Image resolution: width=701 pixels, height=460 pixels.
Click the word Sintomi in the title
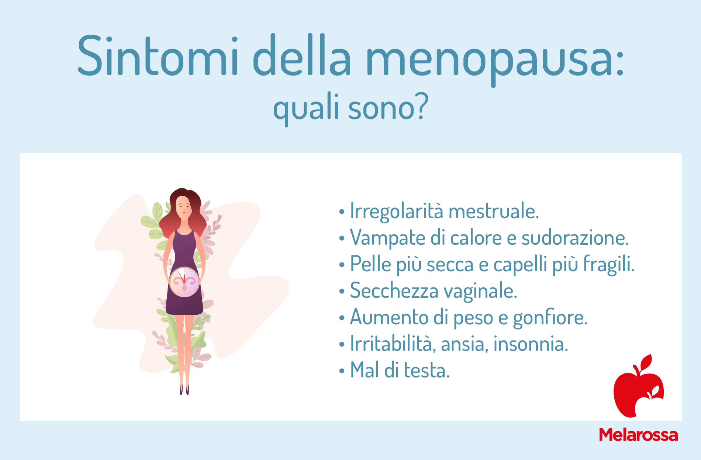coord(158,56)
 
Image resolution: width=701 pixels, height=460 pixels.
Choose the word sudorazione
coord(574,237)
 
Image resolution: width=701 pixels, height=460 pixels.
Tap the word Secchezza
coord(394,290)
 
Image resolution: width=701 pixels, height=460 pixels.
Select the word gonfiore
coord(550,317)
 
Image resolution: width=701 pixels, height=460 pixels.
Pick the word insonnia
coord(531,344)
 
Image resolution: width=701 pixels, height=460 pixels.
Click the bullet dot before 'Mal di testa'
coord(342,372)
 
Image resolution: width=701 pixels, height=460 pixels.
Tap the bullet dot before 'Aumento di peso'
coord(342,318)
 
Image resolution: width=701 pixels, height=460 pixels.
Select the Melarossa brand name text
coord(638,435)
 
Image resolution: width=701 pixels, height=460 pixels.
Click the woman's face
coord(183,206)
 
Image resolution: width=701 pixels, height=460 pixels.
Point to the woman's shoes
coord(184,389)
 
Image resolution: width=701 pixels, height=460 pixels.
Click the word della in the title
coord(302,56)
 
